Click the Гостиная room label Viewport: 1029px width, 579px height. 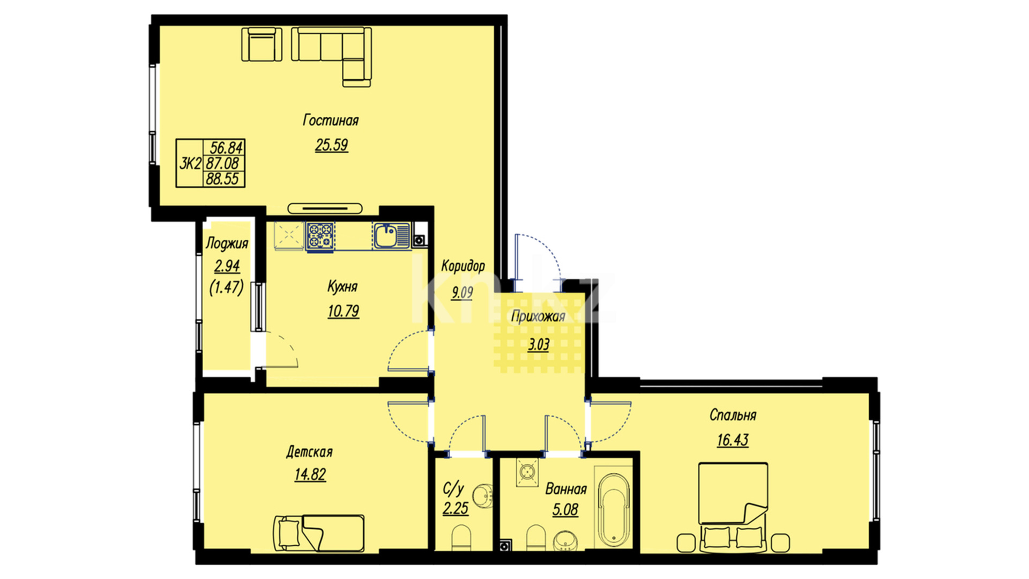pos(331,120)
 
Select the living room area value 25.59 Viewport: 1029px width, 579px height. pos(332,145)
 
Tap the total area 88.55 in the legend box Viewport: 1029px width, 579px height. pos(222,179)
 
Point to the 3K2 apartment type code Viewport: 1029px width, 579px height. pos(190,163)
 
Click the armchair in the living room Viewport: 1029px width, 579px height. pos(262,44)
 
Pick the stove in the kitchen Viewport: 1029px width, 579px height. pos(320,236)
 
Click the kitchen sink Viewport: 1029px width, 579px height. pos(392,236)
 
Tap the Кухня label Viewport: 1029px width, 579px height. pos(342,286)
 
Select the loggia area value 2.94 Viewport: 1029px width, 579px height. pos(227,266)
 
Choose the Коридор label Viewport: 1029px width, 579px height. pos(463,266)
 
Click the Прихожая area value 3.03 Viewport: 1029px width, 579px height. pos(539,344)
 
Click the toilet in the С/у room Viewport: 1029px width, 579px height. pos(461,538)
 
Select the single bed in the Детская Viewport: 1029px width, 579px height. pos(318,533)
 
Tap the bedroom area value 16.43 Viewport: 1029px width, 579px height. pos(733,440)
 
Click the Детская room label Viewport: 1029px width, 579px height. pos(309,452)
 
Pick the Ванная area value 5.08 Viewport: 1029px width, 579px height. pos(565,509)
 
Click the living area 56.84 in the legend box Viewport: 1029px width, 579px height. pos(226,147)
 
